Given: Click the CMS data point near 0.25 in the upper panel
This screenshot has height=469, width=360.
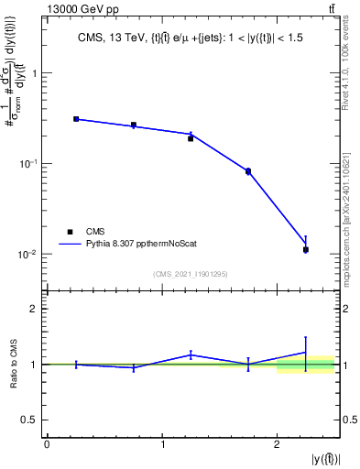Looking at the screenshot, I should (76, 119).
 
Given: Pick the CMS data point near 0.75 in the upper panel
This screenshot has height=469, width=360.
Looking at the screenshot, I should (134, 125).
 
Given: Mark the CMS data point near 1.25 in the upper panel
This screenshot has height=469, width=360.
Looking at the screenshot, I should (191, 138).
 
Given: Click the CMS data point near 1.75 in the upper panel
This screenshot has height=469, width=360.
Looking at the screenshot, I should (248, 171).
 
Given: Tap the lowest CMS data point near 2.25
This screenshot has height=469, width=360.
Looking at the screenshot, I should (306, 249).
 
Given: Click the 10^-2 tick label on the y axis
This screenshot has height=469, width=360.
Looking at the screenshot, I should (27, 254).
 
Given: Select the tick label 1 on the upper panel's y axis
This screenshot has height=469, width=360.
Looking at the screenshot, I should (36, 74).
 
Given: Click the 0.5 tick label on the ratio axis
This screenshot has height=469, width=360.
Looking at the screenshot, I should (31, 420).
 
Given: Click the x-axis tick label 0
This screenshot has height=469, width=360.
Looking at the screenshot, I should (47, 444).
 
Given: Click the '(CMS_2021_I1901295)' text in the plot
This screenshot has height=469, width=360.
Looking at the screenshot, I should (191, 274).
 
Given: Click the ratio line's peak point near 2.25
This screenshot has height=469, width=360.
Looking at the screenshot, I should (306, 352).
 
